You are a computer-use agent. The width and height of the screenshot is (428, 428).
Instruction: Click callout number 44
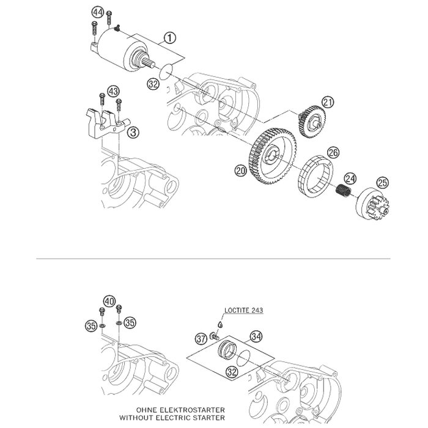(x=98, y=12)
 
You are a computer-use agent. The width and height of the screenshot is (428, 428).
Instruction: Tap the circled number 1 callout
(x=169, y=38)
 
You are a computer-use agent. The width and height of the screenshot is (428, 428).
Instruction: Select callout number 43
(x=113, y=91)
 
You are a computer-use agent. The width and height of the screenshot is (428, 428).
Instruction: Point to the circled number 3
(x=132, y=130)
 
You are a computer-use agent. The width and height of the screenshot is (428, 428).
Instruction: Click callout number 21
(x=328, y=103)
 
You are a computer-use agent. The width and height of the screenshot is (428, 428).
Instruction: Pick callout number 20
(x=241, y=173)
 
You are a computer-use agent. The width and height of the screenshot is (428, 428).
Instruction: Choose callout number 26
(x=333, y=152)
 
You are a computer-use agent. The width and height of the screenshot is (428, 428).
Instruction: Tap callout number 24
(x=350, y=179)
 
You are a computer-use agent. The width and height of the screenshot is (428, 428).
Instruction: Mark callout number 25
(x=382, y=182)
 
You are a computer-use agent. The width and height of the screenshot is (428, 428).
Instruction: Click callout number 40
(x=109, y=301)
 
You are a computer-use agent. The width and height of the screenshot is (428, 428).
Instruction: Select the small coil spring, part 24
(x=343, y=191)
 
